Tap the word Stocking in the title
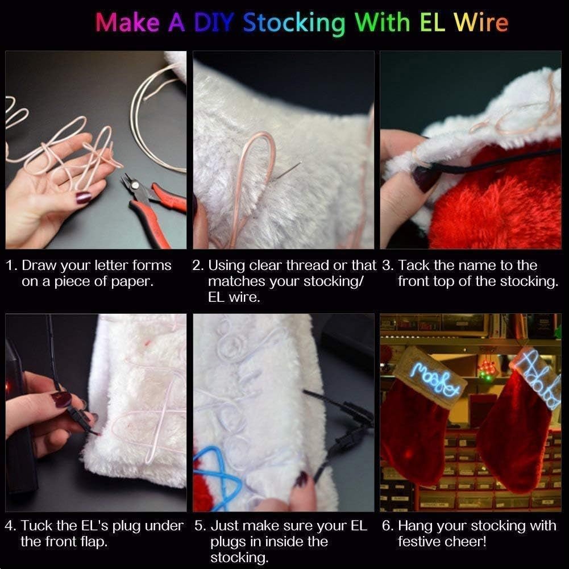294,23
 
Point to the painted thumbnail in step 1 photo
84,198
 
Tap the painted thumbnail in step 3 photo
423,180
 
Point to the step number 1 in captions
10,265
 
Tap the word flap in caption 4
93,542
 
